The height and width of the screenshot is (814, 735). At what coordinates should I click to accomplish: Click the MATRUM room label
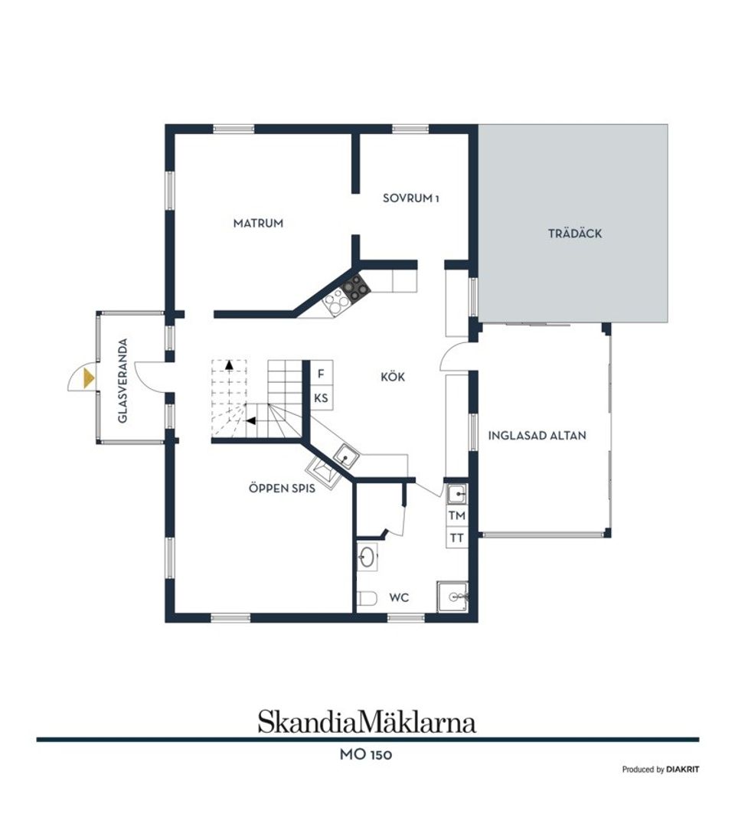pyautogui.click(x=258, y=224)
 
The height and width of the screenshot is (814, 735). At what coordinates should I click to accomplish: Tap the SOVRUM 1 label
pyautogui.click(x=411, y=198)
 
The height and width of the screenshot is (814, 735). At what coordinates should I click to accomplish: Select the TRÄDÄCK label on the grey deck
pyautogui.click(x=574, y=234)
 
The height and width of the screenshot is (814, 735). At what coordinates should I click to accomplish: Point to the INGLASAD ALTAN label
pyautogui.click(x=537, y=436)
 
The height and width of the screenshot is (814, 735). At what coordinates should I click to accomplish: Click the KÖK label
pyautogui.click(x=392, y=377)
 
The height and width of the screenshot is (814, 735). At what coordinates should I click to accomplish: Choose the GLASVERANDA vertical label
pyautogui.click(x=122, y=381)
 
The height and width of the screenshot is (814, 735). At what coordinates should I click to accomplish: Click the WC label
pyautogui.click(x=399, y=596)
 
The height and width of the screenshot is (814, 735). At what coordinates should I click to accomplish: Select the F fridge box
pyautogui.click(x=322, y=374)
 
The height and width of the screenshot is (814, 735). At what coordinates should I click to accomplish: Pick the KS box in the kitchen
pyautogui.click(x=322, y=398)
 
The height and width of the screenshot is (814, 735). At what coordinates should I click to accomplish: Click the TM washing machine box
pyautogui.click(x=457, y=515)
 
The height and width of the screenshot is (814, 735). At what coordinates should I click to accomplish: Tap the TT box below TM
pyautogui.click(x=457, y=538)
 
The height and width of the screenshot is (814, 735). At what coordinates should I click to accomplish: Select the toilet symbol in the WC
pyautogui.click(x=367, y=598)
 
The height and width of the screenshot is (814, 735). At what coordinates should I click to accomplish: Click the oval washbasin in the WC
pyautogui.click(x=367, y=557)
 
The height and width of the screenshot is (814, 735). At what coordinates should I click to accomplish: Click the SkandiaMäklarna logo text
pyautogui.click(x=367, y=721)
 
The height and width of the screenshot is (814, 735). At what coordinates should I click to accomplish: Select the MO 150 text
pyautogui.click(x=367, y=755)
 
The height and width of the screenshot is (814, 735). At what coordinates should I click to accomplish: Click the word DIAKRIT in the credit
pyautogui.click(x=682, y=770)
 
